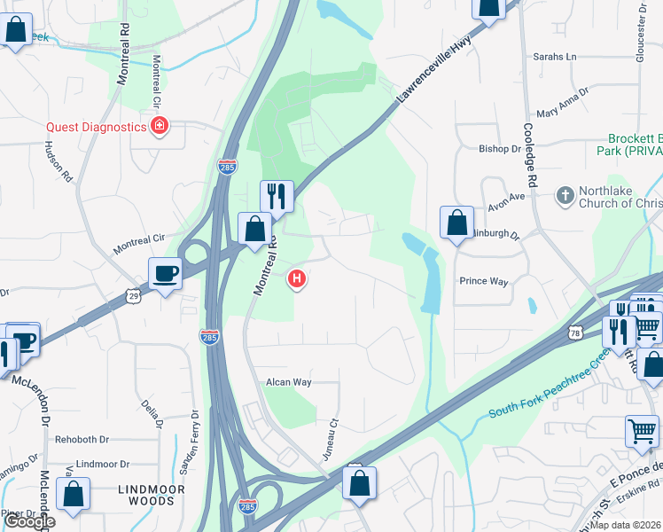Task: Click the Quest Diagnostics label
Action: point(96,127)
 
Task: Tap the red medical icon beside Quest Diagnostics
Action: point(160,127)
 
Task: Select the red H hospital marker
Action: point(298,279)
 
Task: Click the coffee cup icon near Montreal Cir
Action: point(165,274)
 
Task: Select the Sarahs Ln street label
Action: point(554,57)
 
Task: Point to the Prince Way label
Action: point(483,281)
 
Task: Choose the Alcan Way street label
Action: point(289,382)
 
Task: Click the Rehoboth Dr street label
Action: point(82,439)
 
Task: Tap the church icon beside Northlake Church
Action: point(565,195)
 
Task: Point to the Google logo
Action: point(29,521)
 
